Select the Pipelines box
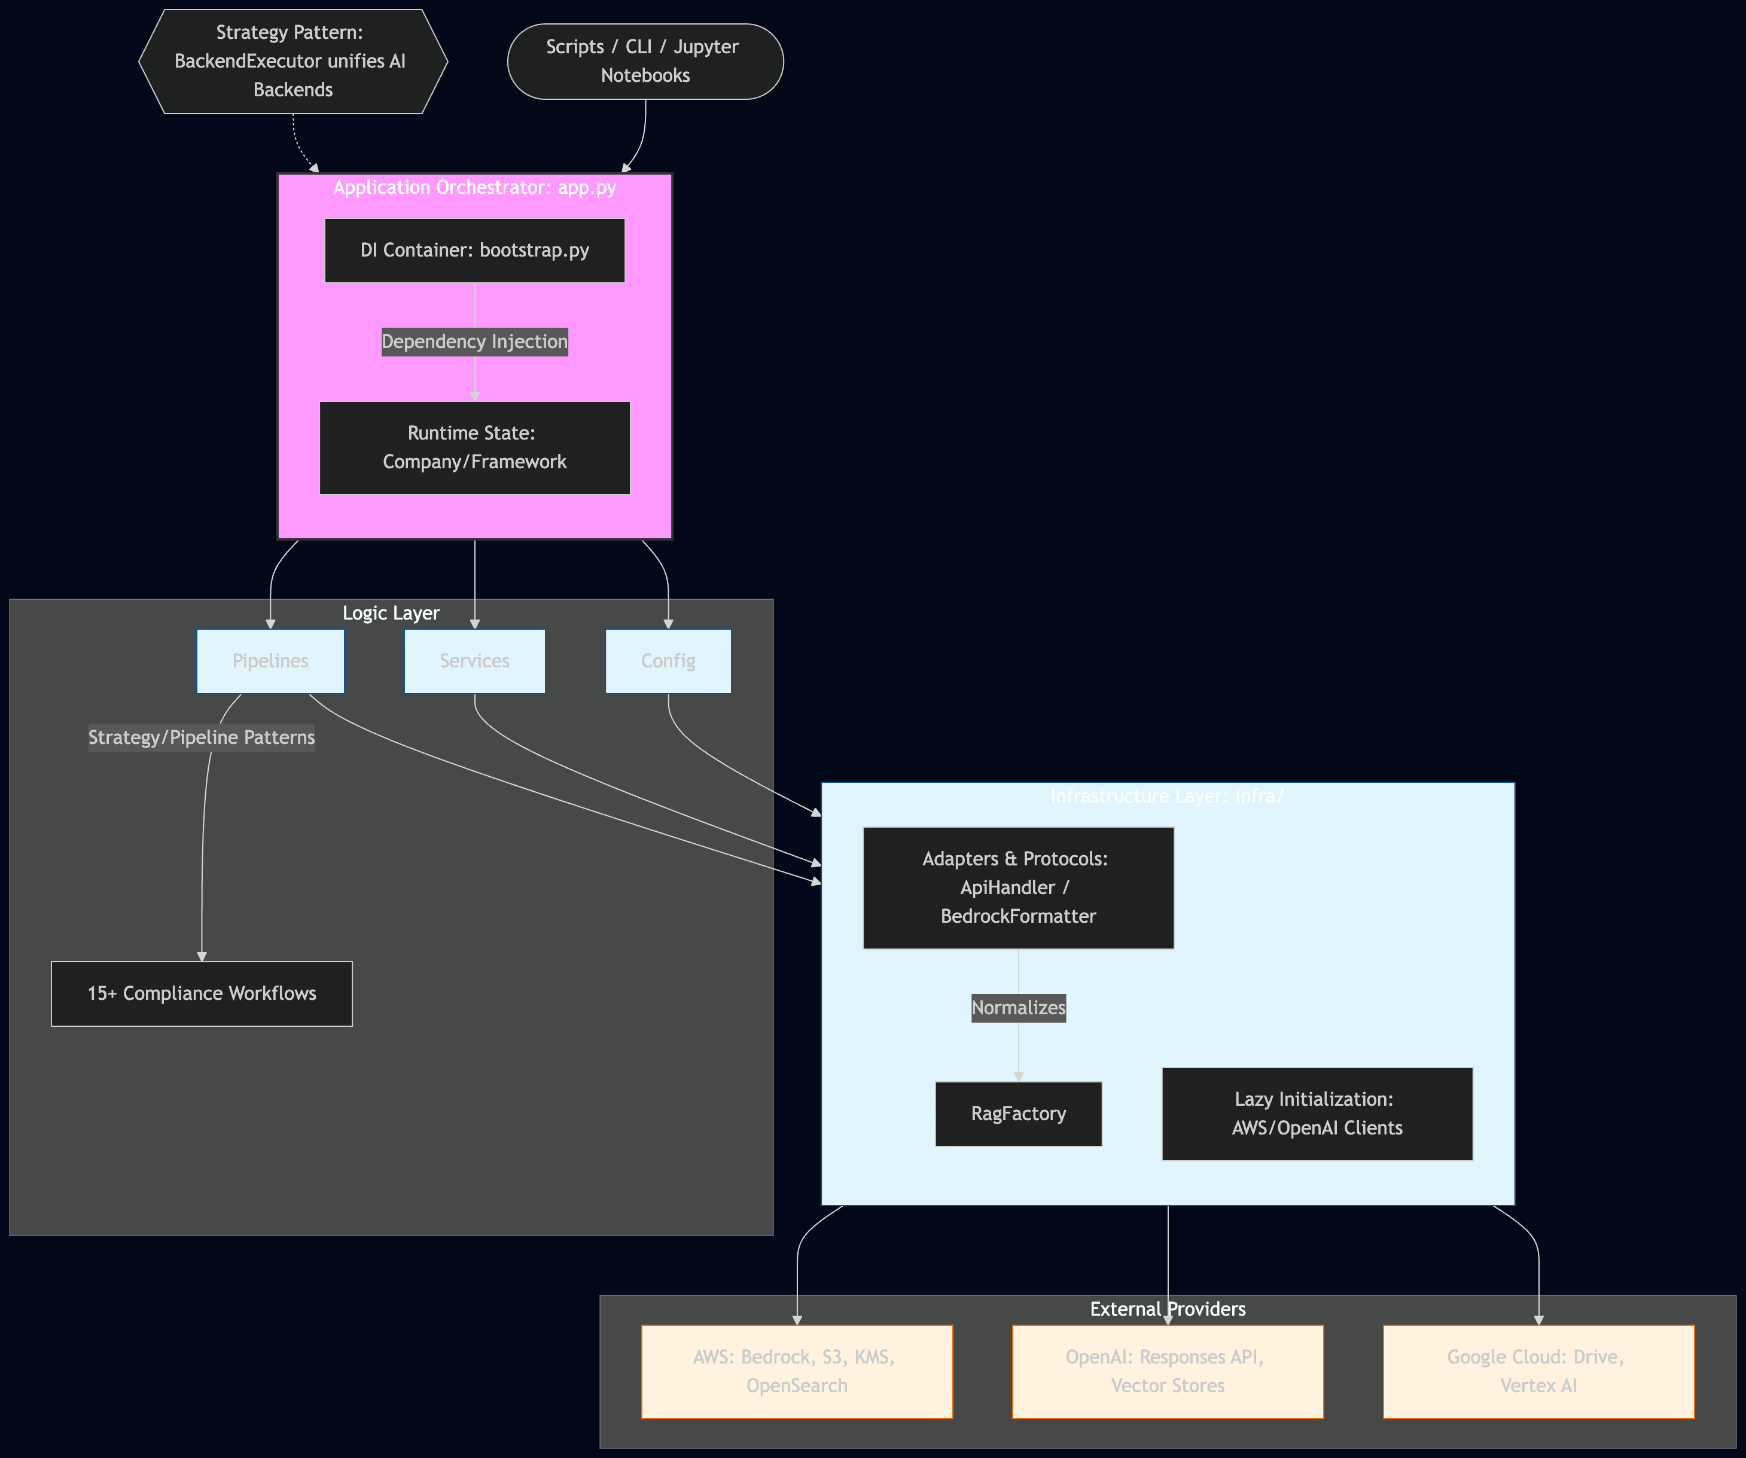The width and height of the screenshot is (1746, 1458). (x=270, y=661)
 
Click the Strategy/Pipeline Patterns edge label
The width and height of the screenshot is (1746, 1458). (x=201, y=737)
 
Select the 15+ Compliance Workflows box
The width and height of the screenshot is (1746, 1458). (x=201, y=993)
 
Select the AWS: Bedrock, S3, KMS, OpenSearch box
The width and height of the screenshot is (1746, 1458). (x=797, y=1371)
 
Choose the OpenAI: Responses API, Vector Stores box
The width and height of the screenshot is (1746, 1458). (x=1168, y=1371)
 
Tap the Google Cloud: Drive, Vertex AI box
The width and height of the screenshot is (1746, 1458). (x=1538, y=1371)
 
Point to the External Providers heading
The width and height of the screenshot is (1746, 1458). (x=1168, y=1309)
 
